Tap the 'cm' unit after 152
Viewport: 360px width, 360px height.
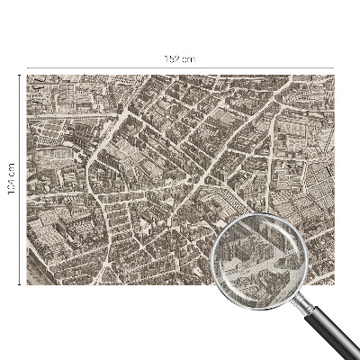point(188,58)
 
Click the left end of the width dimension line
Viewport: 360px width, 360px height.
point(27,67)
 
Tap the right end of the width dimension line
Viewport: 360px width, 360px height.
point(334,67)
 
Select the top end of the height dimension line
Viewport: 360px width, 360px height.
point(19,76)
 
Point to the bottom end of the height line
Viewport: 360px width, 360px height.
point(19,284)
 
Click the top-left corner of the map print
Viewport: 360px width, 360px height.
point(27,76)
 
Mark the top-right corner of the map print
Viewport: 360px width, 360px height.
point(334,76)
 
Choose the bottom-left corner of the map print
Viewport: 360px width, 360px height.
point(27,284)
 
